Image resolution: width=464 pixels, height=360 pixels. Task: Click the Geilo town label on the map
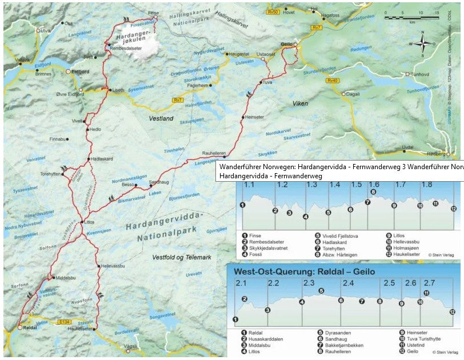click(287, 44)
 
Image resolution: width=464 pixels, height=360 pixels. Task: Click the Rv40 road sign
click(333, 81)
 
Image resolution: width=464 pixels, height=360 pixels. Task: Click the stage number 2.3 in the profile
click(309, 283)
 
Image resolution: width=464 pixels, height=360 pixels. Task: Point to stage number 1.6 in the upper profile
click(374, 185)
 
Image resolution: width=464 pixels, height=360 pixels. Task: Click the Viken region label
click(301, 104)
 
